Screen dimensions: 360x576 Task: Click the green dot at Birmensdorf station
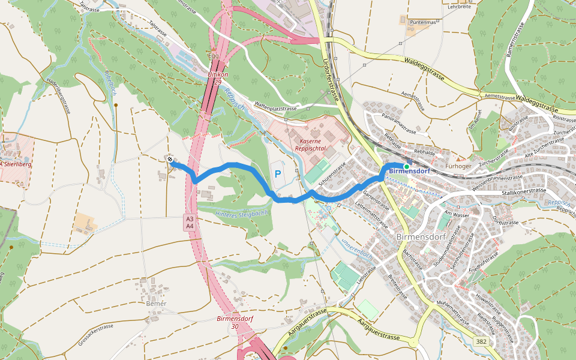(x=406, y=166)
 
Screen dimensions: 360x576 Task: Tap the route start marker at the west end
(x=171, y=160)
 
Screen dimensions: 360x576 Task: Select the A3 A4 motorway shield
(x=189, y=222)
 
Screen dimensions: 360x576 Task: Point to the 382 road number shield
(x=481, y=341)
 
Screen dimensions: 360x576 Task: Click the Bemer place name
(x=156, y=304)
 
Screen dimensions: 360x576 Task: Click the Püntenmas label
(x=422, y=22)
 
